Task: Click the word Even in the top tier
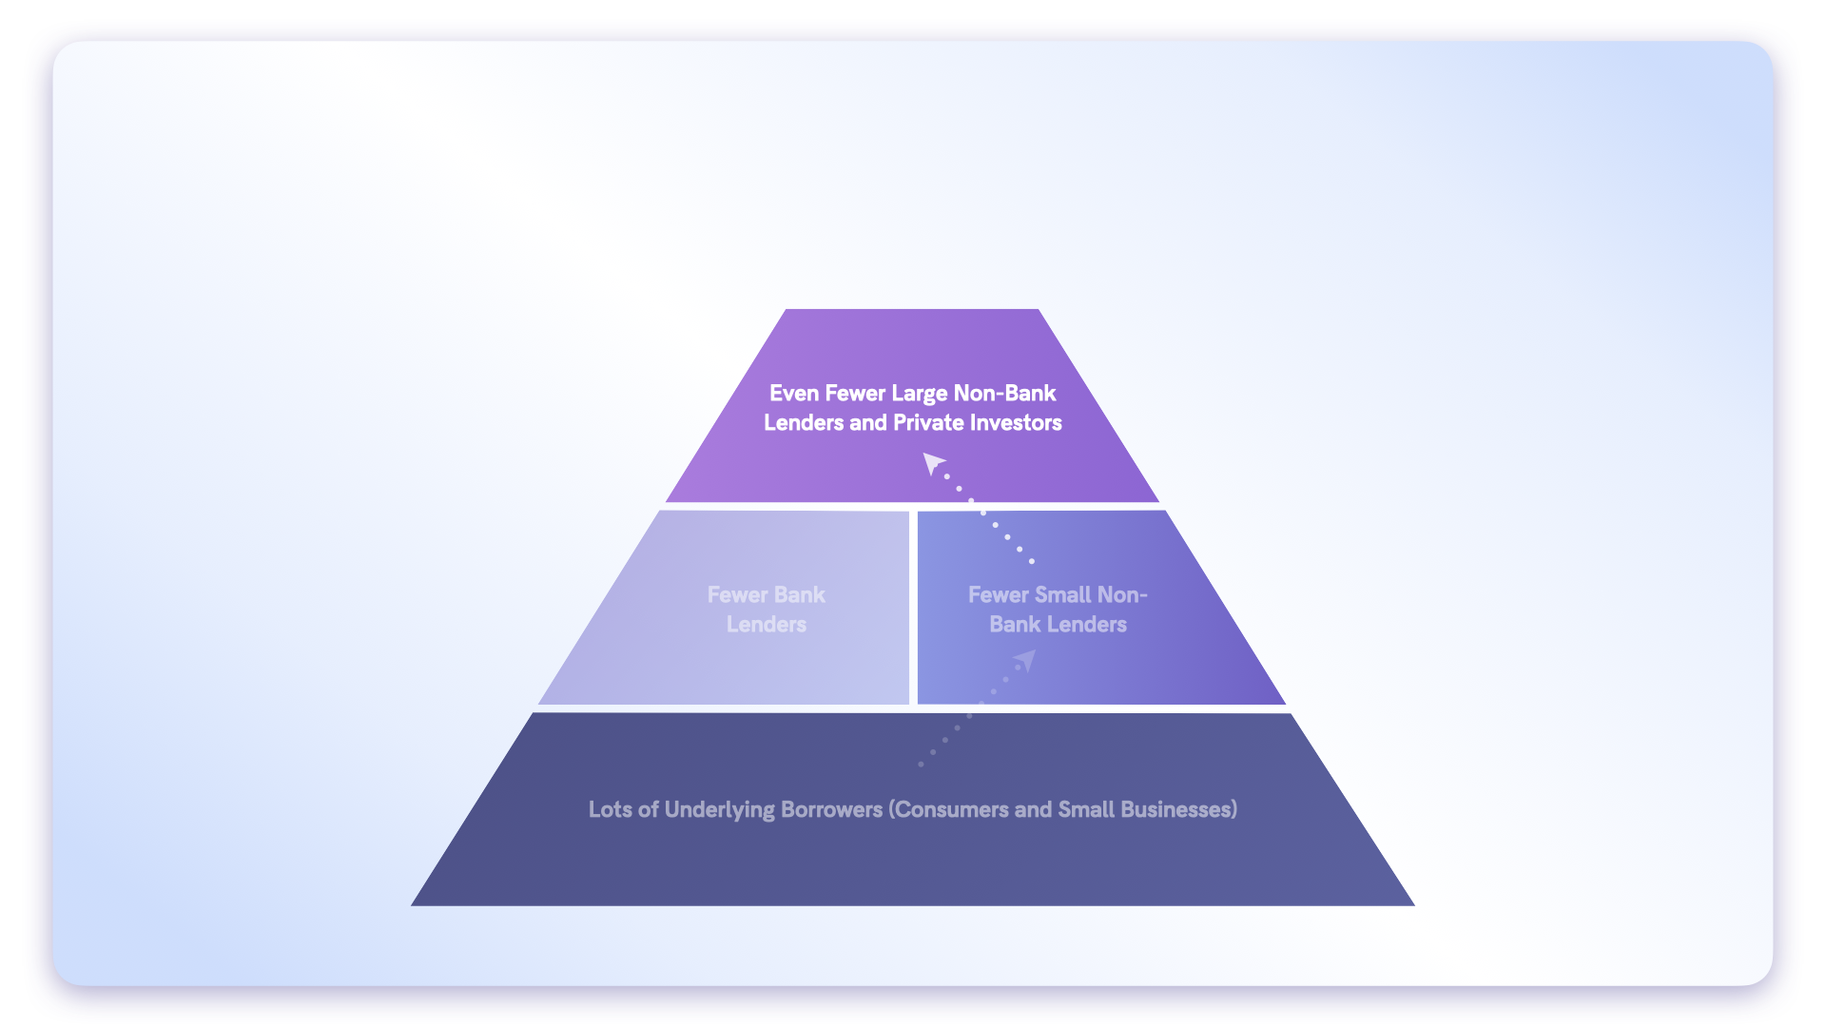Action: coord(794,394)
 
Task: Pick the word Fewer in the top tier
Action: coord(855,394)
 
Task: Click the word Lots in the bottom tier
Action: coord(611,809)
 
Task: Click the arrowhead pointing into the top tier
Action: coord(933,463)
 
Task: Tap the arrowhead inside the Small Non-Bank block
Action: coord(1025,660)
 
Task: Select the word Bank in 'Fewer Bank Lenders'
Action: coord(800,595)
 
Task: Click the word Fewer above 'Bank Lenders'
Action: coord(738,595)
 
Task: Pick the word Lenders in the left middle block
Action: coord(767,625)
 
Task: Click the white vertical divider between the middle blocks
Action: coord(913,608)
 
